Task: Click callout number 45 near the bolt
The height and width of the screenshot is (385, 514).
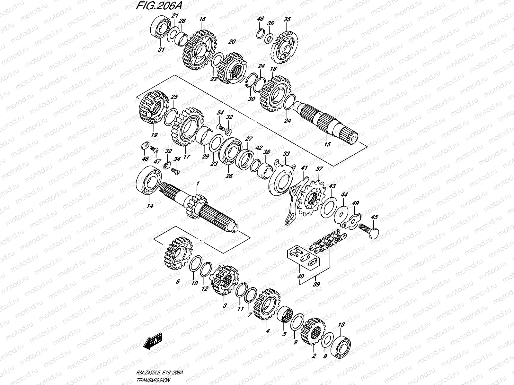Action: (x=374, y=217)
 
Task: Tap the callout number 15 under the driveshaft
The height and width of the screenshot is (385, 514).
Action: (x=327, y=144)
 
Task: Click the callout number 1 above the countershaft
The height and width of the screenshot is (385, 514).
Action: (x=198, y=183)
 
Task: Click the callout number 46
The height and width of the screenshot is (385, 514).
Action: (x=145, y=158)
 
